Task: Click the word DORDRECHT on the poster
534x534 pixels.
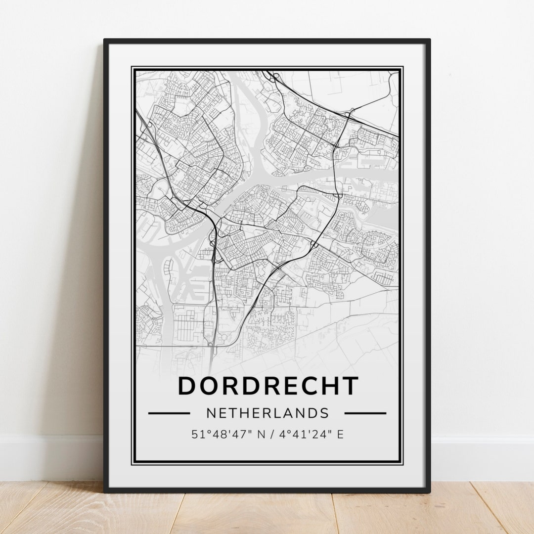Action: [267, 386]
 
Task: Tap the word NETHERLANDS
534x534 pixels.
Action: [267, 413]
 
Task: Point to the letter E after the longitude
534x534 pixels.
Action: [340, 435]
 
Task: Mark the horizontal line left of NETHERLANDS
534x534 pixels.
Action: [169, 413]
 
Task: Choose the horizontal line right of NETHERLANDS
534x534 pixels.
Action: [365, 413]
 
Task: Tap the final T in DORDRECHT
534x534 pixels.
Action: [349, 386]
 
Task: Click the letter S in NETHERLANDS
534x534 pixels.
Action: [324, 413]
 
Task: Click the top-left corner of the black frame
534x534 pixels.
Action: [105, 40]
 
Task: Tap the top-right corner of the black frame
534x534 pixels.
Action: [429, 40]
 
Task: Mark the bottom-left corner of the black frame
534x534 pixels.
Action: [105, 491]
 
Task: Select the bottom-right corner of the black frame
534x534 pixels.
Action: [429, 491]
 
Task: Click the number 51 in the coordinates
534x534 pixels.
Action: [197, 435]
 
